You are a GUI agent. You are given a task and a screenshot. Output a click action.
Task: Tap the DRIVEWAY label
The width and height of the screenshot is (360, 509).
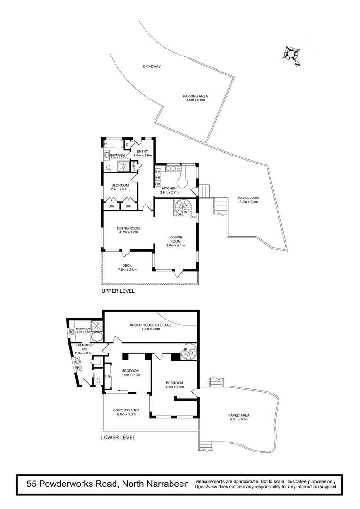click(x=152, y=67)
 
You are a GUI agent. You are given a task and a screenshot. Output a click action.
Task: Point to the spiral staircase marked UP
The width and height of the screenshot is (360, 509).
click(x=188, y=352)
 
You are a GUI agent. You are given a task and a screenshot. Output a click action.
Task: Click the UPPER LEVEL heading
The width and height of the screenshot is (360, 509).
click(x=118, y=291)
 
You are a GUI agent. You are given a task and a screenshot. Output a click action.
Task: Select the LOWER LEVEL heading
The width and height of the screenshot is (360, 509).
click(x=118, y=437)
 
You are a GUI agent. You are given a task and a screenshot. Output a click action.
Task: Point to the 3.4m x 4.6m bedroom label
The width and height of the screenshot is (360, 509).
click(x=174, y=385)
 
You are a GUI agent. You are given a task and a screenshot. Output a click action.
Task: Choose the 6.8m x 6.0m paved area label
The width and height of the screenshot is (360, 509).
click(x=248, y=200)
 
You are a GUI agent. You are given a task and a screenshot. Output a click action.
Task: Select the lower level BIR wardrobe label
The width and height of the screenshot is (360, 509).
click(x=107, y=377)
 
